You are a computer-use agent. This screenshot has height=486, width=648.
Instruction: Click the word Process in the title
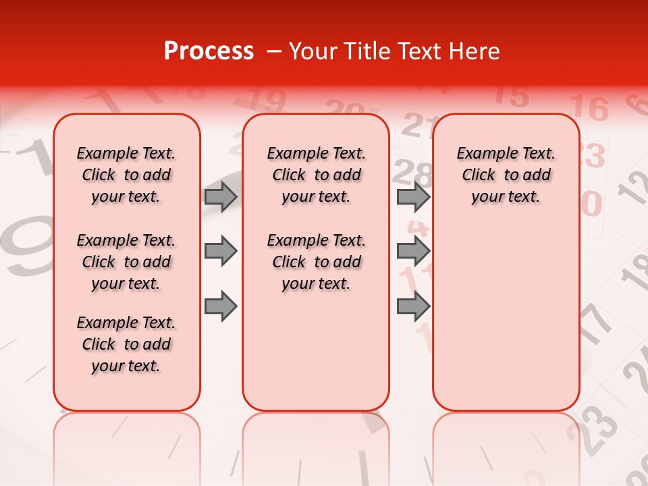point(208,51)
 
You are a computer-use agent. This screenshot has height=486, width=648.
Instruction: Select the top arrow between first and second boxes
point(221,196)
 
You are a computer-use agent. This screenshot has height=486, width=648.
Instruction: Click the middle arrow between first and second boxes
point(221,252)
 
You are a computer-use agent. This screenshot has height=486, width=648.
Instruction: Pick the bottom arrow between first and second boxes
point(221,307)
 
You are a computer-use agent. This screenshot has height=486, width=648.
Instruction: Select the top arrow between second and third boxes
point(413,196)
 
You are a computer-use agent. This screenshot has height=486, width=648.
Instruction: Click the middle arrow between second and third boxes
point(413,252)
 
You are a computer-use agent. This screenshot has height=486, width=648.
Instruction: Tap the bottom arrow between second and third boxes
point(413,307)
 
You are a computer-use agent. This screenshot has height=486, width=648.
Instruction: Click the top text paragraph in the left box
point(126,175)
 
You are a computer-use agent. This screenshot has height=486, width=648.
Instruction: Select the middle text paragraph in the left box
point(126,262)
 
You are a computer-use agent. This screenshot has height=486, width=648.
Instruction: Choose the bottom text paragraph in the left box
point(126,344)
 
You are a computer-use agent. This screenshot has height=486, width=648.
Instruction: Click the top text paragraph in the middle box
point(317,175)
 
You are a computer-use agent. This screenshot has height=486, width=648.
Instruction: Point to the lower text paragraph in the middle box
point(317,262)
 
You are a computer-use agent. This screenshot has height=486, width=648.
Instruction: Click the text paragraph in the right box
point(506,175)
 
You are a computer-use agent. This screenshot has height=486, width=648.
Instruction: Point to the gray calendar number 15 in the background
point(516,95)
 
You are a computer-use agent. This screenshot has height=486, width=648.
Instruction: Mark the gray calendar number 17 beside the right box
point(595,324)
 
